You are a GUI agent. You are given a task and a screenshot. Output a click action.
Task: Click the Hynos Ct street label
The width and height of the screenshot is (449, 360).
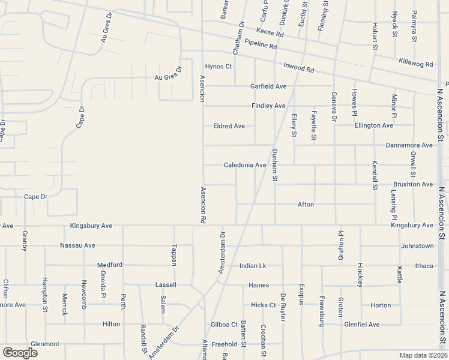pyautogui.click(x=218, y=66)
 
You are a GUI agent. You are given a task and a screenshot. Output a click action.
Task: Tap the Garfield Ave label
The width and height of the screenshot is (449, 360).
pyautogui.click(x=268, y=86)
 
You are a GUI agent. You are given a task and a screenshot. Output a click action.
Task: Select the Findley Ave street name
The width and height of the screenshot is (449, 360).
pyautogui.click(x=268, y=106)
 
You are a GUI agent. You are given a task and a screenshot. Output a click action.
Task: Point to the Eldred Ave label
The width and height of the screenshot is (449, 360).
pyautogui.click(x=229, y=126)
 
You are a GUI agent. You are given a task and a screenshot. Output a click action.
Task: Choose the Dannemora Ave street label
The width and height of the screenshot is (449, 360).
pyautogui.click(x=409, y=145)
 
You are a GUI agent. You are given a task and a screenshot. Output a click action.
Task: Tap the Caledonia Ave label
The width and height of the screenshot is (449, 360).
pyautogui.click(x=245, y=165)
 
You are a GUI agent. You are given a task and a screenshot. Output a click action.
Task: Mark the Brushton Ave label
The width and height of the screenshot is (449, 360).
pyautogui.click(x=412, y=184)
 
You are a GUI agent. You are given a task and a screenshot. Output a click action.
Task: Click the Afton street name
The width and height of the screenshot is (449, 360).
pyautogui.click(x=306, y=205)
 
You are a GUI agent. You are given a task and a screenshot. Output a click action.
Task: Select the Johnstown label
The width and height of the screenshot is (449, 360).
pyautogui.click(x=417, y=245)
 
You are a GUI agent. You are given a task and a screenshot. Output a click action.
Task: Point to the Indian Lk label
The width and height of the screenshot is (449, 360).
pyautogui.click(x=252, y=266)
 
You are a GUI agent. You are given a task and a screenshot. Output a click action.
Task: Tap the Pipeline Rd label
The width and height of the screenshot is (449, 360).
pyautogui.click(x=261, y=44)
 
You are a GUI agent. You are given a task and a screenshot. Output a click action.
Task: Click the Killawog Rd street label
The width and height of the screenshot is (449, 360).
pyautogui.click(x=415, y=62)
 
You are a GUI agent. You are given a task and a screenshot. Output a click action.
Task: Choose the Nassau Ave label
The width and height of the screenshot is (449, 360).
pyautogui.click(x=77, y=245)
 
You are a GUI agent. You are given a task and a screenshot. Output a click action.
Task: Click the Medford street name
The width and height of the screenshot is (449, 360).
pyautogui.click(x=110, y=265)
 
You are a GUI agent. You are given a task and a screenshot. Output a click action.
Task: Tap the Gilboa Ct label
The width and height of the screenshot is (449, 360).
pyautogui.click(x=224, y=325)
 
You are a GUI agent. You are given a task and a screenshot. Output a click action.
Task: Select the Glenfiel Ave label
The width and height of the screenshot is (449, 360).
pyautogui.click(x=362, y=325)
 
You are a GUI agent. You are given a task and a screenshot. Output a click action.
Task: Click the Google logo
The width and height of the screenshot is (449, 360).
pyautogui.click(x=20, y=353)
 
